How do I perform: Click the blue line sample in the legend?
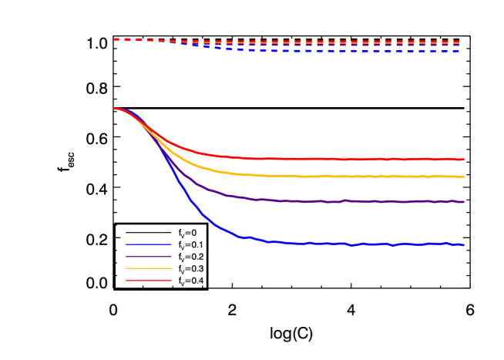pyautogui.click(x=149, y=244)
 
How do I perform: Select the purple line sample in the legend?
pyautogui.click(x=149, y=257)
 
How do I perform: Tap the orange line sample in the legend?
pyautogui.click(x=149, y=268)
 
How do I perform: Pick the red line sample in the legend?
pyautogui.click(x=149, y=281)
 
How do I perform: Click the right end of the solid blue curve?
pyautogui.click(x=464, y=245)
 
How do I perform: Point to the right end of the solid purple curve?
pyautogui.click(x=464, y=202)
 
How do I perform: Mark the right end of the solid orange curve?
pyautogui.click(x=464, y=177)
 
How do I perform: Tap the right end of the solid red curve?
pyautogui.click(x=464, y=160)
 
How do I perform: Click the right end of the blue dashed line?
pyautogui.click(x=460, y=51)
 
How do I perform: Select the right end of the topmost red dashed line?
pyautogui.click(x=460, y=42)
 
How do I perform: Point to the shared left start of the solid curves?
pyautogui.click(x=115, y=109)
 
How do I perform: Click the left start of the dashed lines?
pyautogui.click(x=115, y=39)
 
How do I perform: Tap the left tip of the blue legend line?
pyautogui.click(x=126, y=244)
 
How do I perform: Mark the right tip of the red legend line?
pyautogui.click(x=171, y=281)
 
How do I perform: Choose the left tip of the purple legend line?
pyautogui.click(x=126, y=257)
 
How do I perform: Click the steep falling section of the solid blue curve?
pyautogui.click(x=179, y=182)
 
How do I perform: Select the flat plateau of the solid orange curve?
pyautogui.click(x=347, y=177)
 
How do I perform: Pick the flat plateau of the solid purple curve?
pyautogui.click(x=347, y=201)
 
